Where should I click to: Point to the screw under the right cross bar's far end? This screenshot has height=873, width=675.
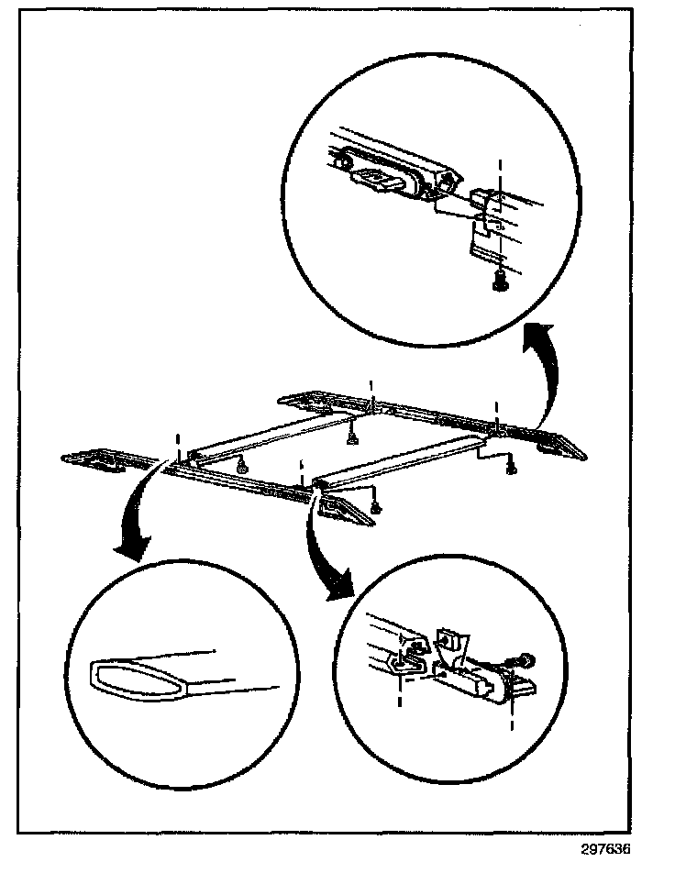click(511, 470)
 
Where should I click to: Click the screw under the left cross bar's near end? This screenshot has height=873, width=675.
click(242, 467)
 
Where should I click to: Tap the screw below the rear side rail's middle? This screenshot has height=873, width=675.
click(352, 438)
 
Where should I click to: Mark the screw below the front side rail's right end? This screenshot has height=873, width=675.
click(376, 506)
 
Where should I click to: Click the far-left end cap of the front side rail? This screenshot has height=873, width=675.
click(92, 459)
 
